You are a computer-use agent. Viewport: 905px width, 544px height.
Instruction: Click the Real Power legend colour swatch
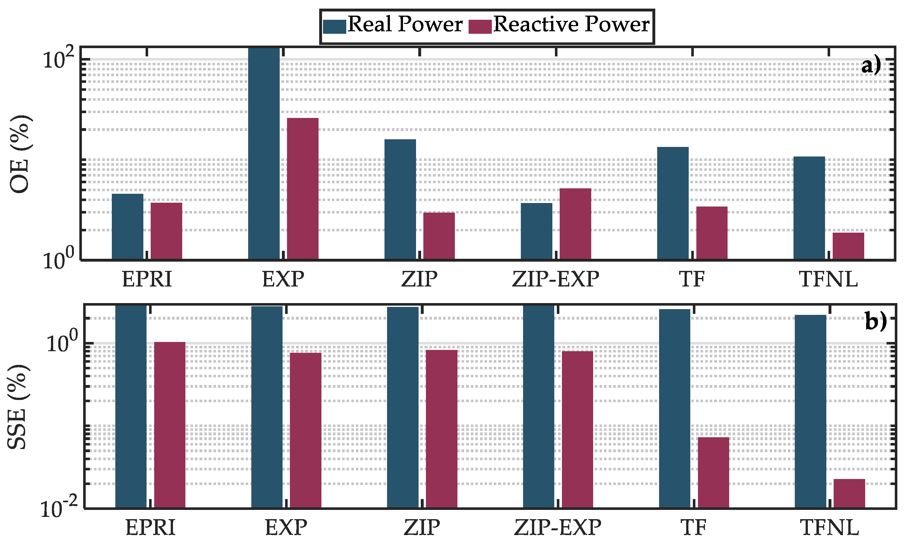point(334,26)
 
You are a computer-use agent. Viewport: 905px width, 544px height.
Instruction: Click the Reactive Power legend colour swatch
point(480,26)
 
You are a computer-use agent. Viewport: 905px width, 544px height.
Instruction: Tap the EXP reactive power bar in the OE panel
point(303,188)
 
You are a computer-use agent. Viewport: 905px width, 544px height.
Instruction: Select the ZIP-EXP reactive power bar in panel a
point(575,224)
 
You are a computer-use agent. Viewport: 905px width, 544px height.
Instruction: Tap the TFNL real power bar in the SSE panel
point(810,410)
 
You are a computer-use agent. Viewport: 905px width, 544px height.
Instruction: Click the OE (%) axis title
point(20,154)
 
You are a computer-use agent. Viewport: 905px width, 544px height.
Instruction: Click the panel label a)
point(871,66)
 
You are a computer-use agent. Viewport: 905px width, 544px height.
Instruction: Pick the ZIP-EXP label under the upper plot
point(556,279)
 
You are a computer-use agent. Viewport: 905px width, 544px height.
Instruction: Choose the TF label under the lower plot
point(693,528)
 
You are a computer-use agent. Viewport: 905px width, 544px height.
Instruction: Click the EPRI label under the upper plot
point(147,279)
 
